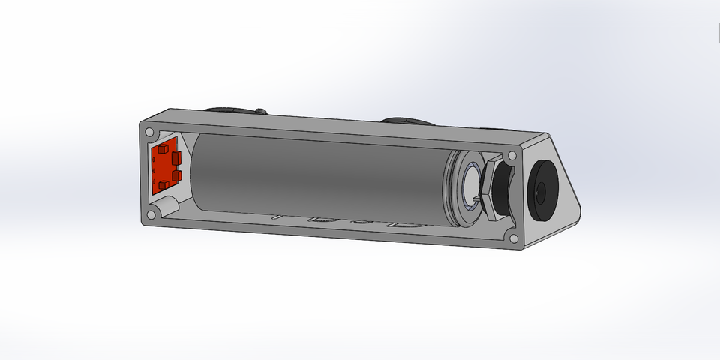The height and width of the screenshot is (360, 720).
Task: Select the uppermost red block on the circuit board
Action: point(161,150)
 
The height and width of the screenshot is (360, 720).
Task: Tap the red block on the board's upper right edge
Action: point(177,157)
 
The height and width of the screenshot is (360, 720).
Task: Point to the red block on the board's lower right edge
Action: point(177,175)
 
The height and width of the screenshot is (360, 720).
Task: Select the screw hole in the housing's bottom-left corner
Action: point(151,215)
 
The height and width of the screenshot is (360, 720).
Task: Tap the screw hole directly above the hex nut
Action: point(511,155)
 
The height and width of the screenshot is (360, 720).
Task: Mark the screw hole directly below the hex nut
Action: point(514,239)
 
